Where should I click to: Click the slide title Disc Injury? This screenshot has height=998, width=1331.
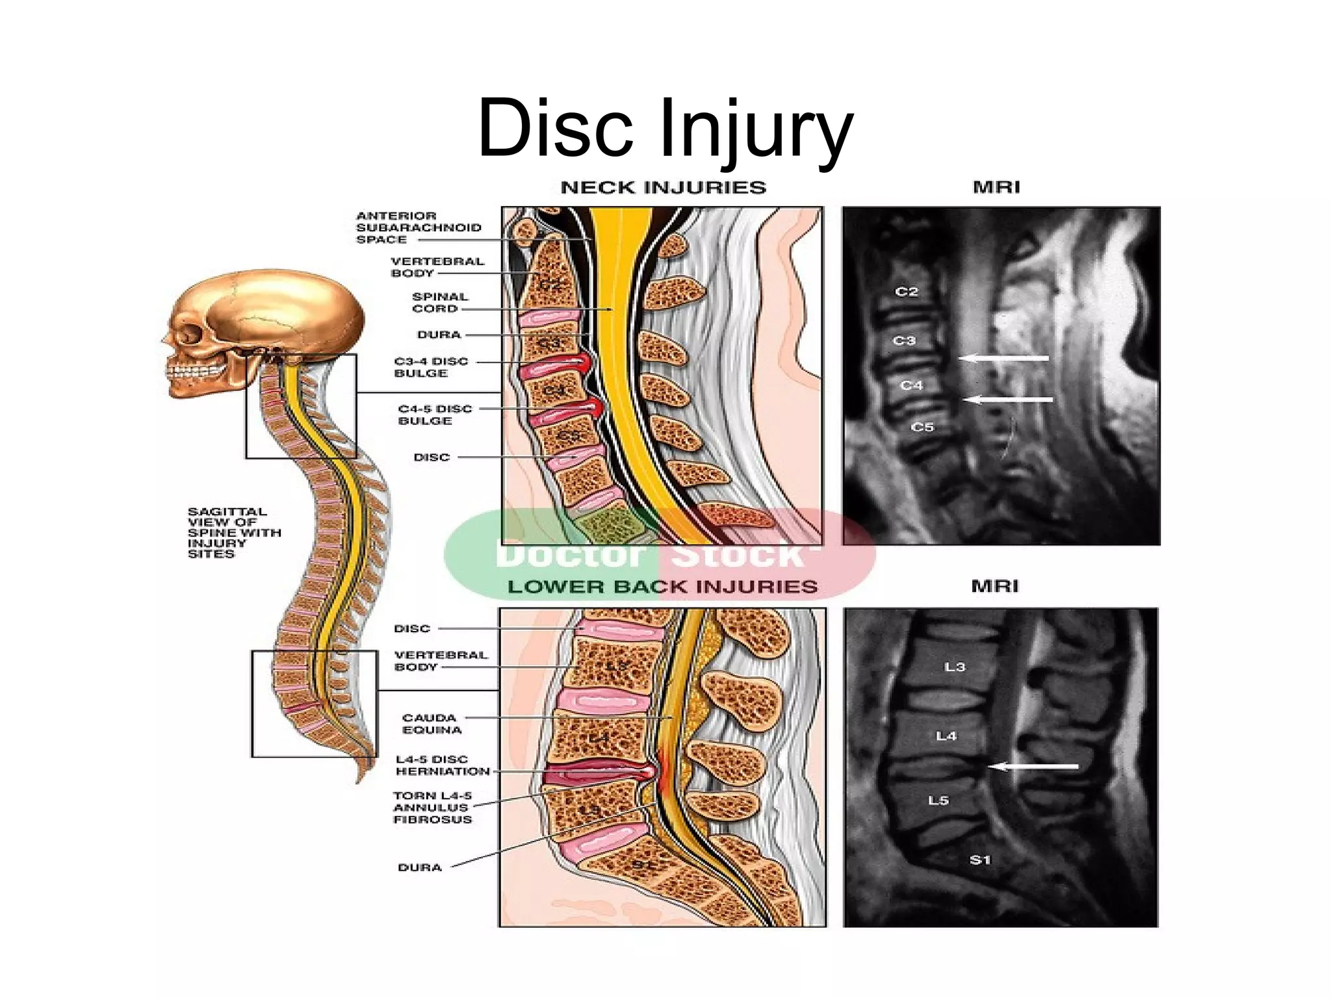[x=664, y=127]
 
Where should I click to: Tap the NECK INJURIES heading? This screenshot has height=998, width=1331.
[x=663, y=188]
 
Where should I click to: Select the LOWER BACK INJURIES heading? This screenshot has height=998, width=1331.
[x=662, y=587]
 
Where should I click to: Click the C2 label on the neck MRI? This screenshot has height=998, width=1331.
[x=907, y=292]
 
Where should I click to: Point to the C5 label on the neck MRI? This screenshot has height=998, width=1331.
[x=922, y=427]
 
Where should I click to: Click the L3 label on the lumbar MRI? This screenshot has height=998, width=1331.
[x=955, y=667]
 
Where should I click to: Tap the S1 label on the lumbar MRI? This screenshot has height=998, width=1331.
[x=980, y=860]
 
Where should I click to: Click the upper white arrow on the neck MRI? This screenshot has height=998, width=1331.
[x=1004, y=358]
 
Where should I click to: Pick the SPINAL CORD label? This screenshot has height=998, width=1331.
[x=439, y=303]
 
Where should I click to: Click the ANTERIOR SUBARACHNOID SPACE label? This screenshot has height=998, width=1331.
[x=418, y=227]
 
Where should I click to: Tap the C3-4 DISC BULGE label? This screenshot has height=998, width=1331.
[x=430, y=367]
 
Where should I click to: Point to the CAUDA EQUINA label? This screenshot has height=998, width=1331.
[x=432, y=724]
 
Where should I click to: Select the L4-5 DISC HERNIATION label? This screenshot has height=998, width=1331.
[x=443, y=765]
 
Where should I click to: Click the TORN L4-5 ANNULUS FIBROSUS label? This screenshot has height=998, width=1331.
[x=432, y=808]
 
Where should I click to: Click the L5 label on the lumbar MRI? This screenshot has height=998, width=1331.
[x=938, y=800]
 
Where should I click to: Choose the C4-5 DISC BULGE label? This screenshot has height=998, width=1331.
[x=434, y=415]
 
